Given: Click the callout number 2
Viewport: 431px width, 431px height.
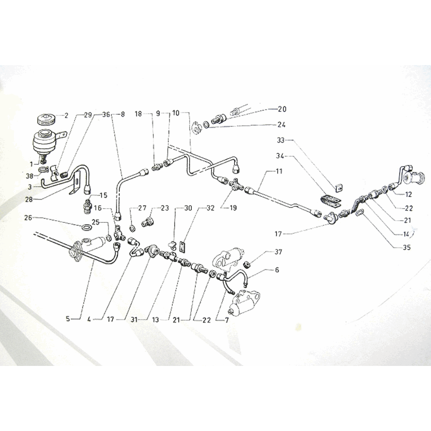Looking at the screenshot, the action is (x=66, y=116).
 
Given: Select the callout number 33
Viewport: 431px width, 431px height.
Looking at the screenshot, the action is (x=281, y=141).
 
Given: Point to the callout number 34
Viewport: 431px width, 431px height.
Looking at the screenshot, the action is (x=280, y=156).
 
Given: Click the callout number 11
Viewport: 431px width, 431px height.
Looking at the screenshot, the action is (x=279, y=171).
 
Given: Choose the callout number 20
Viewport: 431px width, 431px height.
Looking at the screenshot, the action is (x=282, y=109).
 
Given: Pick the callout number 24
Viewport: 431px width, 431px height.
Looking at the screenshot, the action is (x=281, y=125).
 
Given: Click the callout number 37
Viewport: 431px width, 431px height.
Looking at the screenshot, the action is (x=278, y=252).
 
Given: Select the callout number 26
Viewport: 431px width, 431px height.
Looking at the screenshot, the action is (x=28, y=218).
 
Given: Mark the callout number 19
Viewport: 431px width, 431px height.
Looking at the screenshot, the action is (x=233, y=208).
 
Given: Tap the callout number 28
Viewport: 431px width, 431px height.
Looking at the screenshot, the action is (x=29, y=199).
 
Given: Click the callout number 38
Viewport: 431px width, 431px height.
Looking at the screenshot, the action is (x=29, y=175).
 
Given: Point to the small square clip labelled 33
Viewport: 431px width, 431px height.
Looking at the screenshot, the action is (x=338, y=188).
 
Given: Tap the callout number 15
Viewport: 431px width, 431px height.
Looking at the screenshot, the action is (x=103, y=195).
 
